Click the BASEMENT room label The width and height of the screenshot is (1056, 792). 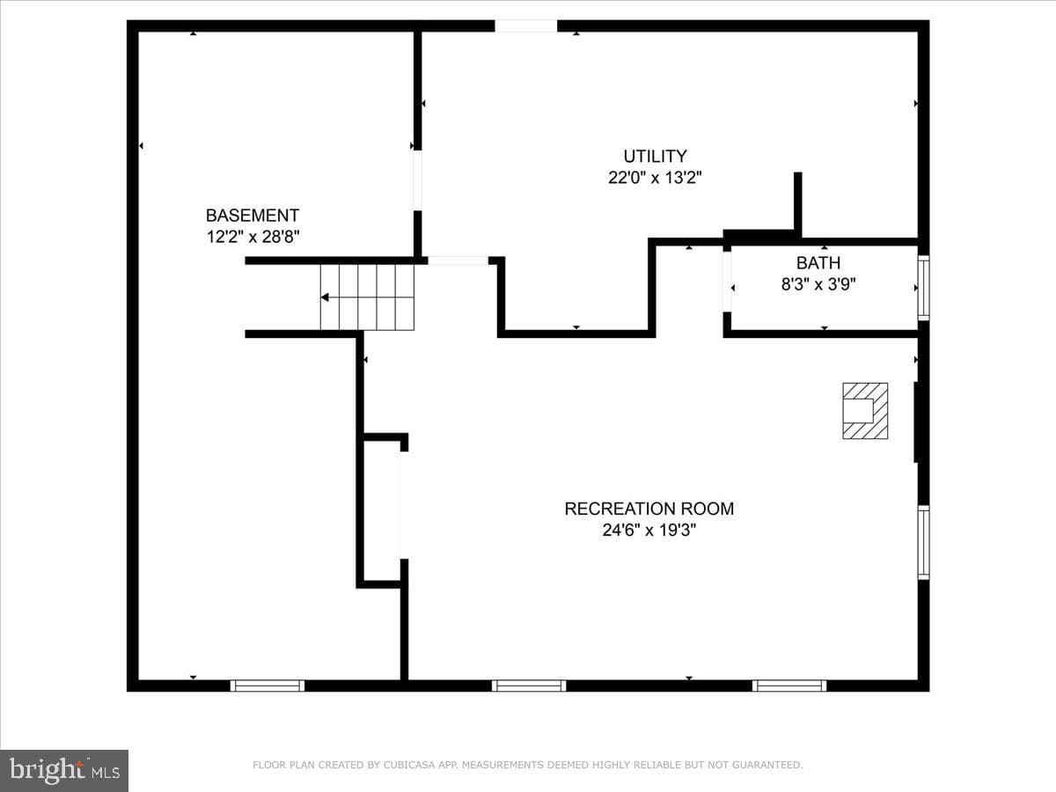pos(253,216)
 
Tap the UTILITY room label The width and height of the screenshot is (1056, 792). pos(655,157)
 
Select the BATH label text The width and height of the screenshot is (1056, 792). pos(818,263)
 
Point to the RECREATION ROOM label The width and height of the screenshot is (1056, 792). pos(649,509)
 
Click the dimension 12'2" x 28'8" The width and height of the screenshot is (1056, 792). pos(253,237)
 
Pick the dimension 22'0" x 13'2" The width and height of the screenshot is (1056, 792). pos(655,178)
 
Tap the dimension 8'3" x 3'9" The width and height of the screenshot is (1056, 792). pos(818,284)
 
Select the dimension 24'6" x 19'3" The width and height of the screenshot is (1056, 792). pos(649,531)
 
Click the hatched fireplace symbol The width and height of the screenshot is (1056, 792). pos(865,411)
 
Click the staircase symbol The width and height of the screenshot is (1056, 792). pos(367,297)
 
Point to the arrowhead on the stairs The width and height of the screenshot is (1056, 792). pos(326,297)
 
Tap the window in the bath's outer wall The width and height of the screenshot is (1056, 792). pos(923,288)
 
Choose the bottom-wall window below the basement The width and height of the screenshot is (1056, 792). pos(267,686)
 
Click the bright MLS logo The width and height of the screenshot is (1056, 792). pos(64,771)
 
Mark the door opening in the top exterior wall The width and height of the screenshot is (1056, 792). pos(526,26)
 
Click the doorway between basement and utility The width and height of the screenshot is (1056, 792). pos(418,180)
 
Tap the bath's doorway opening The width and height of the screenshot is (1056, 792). pos(727,282)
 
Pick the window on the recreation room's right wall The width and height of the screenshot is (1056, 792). pos(923,542)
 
